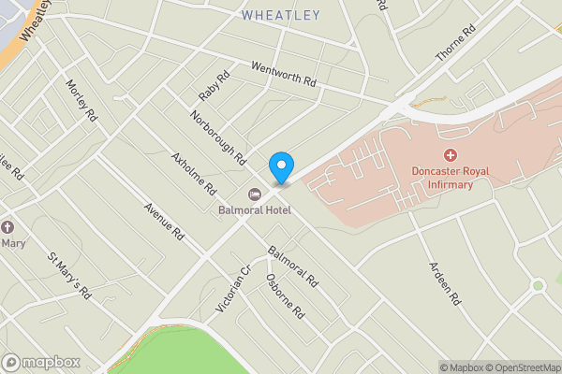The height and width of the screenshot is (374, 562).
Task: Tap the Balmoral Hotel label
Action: click(x=256, y=209)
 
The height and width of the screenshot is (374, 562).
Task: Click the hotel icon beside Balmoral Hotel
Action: click(x=254, y=194)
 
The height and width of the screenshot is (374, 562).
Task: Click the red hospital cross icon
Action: click(x=451, y=154)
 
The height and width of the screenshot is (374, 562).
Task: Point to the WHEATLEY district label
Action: click(x=280, y=15)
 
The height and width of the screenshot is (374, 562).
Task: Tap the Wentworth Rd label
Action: click(x=284, y=74)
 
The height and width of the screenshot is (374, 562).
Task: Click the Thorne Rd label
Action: click(x=456, y=43)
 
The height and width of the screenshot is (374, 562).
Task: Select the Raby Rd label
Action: click(x=214, y=88)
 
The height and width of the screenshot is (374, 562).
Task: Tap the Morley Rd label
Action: click(x=81, y=100)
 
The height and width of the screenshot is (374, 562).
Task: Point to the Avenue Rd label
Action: click(x=163, y=223)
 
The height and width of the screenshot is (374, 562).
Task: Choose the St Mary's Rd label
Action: click(x=69, y=275)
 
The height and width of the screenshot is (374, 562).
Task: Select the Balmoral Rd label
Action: click(x=293, y=267)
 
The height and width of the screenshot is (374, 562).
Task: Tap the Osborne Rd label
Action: click(x=285, y=297)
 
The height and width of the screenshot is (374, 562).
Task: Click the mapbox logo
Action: click(x=40, y=362)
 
